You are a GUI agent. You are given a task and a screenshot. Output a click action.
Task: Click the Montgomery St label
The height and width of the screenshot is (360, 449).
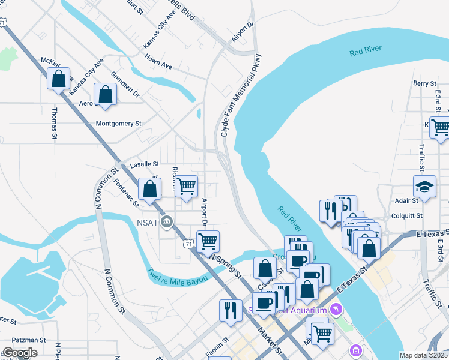pyautogui.click(x=118, y=124)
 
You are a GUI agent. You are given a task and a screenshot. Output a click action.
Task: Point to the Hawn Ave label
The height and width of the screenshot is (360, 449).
pyautogui.click(x=158, y=61)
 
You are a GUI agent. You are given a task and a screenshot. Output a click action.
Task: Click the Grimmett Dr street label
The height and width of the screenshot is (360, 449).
pyautogui.click(x=125, y=85)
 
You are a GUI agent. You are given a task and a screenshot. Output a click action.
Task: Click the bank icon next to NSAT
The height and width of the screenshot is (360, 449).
pyautogui.click(x=168, y=222)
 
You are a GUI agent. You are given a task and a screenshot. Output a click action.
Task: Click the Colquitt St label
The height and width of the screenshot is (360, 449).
pyautogui.click(x=408, y=215)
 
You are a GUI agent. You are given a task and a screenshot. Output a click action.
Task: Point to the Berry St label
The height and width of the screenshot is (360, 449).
pyautogui.click(x=424, y=83)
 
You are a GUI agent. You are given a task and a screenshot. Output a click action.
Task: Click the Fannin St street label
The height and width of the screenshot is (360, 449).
pyautogui.click(x=217, y=347)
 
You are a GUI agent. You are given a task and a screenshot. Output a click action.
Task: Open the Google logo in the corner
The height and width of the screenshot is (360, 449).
pyautogui.click(x=20, y=353)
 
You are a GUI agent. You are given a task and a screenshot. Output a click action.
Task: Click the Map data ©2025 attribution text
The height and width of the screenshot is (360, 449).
pyautogui.click(x=423, y=355)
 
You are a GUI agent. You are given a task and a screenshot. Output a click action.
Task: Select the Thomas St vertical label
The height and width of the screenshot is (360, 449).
pyautogui.click(x=54, y=124)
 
